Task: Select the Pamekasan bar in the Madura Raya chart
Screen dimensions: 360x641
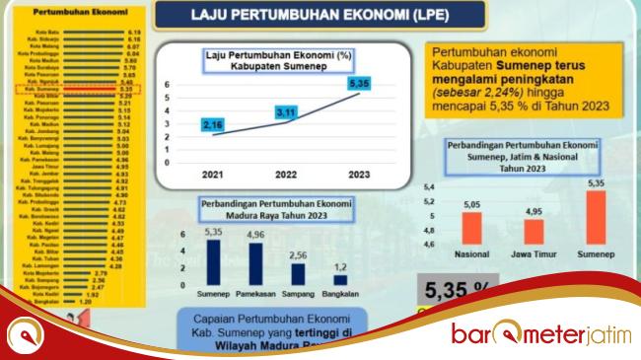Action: (x=255, y=264)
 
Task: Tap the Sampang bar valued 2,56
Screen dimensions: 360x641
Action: (x=298, y=274)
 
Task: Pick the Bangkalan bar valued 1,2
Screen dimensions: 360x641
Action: (x=340, y=280)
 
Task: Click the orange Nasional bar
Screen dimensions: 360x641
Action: (x=471, y=228)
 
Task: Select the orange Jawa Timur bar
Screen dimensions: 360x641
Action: (x=534, y=231)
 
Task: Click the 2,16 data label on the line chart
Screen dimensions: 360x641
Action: (x=211, y=125)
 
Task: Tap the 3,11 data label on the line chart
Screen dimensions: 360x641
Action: (x=286, y=114)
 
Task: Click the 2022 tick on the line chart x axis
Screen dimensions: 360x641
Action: (x=285, y=175)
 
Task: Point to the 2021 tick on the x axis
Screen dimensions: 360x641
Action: (x=211, y=175)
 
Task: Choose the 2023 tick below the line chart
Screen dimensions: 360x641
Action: (x=358, y=175)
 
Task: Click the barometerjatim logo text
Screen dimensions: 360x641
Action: (x=538, y=332)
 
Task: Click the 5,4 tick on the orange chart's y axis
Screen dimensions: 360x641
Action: (x=429, y=185)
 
